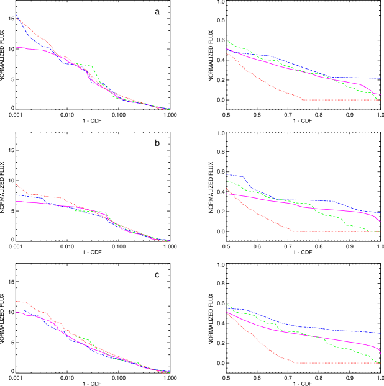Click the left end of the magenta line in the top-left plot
tap(16, 47)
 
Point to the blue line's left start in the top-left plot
tap(16, 14)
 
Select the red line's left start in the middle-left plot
tap(16, 184)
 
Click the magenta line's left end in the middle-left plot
tap(16, 201)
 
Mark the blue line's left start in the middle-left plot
tap(16, 195)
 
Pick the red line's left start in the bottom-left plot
tap(16, 301)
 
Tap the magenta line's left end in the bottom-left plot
tap(16, 313)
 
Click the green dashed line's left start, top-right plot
tap(227, 41)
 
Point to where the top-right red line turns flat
tap(302, 99)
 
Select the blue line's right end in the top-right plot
tap(380, 79)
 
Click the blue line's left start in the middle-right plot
tap(227, 175)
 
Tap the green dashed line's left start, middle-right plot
tap(227, 181)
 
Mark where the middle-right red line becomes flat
tap(293, 231)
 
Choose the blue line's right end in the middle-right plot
tap(380, 213)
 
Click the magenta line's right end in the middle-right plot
tap(380, 220)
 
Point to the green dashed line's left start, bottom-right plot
tap(227, 304)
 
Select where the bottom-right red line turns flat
tap(294, 362)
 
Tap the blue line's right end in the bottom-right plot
tap(380, 333)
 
